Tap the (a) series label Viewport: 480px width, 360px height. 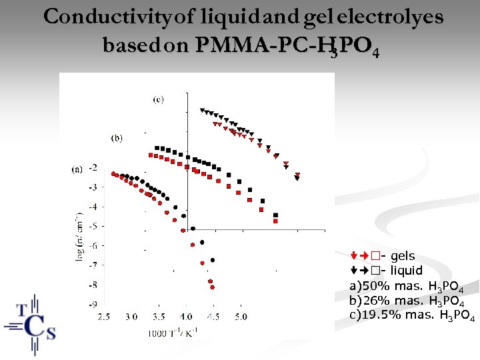(77, 169)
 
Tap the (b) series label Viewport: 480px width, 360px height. (116, 138)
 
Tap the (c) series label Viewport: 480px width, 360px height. (158, 99)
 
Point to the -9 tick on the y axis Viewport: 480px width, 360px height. (93, 304)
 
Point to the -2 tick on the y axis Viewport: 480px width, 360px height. (93, 167)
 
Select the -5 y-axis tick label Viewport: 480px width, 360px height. (93, 226)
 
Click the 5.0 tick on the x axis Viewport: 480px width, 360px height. (240, 317)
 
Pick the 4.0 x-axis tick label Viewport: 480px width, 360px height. (186, 317)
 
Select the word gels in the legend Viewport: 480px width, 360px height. (402, 256)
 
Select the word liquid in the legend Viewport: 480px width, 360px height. (406, 271)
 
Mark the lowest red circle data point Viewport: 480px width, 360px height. (212, 287)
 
